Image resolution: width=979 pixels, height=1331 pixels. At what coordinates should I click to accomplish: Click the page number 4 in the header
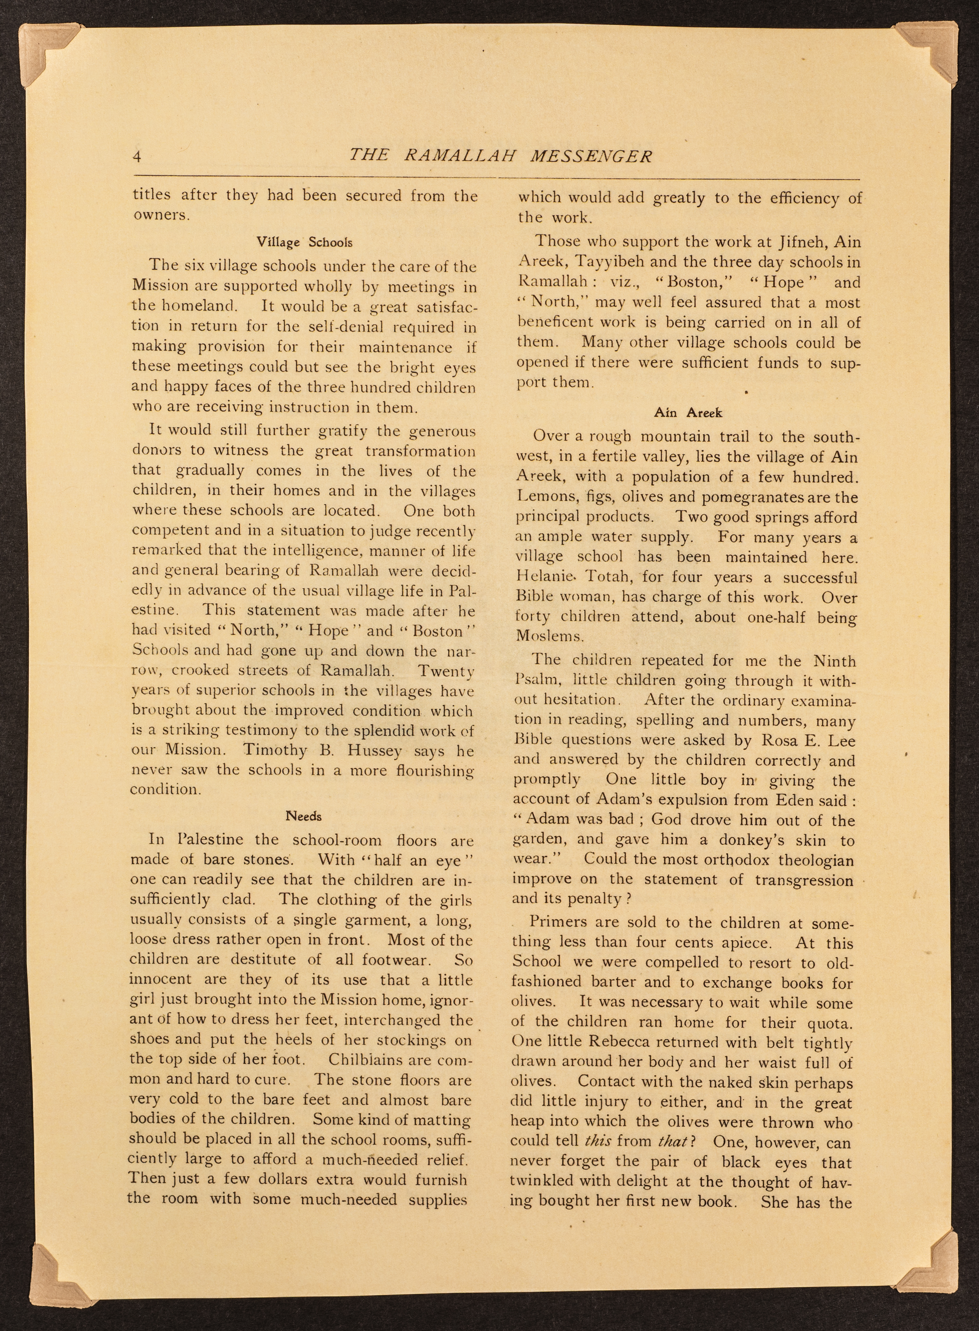coord(137,157)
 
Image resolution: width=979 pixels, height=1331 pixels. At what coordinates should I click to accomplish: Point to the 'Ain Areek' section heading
coord(688,412)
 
